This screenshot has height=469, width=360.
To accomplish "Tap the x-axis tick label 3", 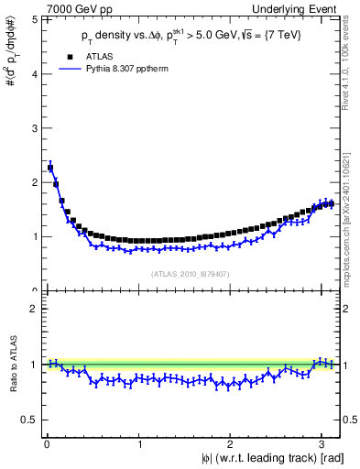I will (322, 444).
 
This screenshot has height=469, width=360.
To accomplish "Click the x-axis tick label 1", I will (138, 444).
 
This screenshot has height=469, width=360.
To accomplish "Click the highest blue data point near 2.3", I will (50, 168).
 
